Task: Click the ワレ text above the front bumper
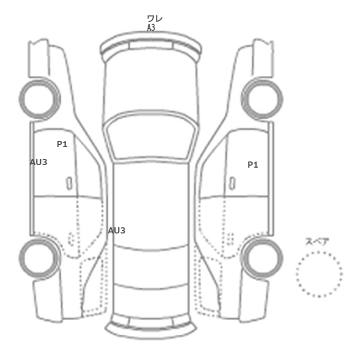tap(155, 19)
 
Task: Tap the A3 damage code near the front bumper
tap(151, 28)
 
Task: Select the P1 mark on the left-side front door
tap(62, 144)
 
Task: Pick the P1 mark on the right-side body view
tap(253, 165)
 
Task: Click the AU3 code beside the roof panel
tap(117, 230)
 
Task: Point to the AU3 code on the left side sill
tap(39, 163)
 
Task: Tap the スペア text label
tap(314, 242)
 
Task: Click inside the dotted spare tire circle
tap(319, 274)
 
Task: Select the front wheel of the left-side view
tap(40, 99)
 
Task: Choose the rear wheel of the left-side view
tap(40, 258)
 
